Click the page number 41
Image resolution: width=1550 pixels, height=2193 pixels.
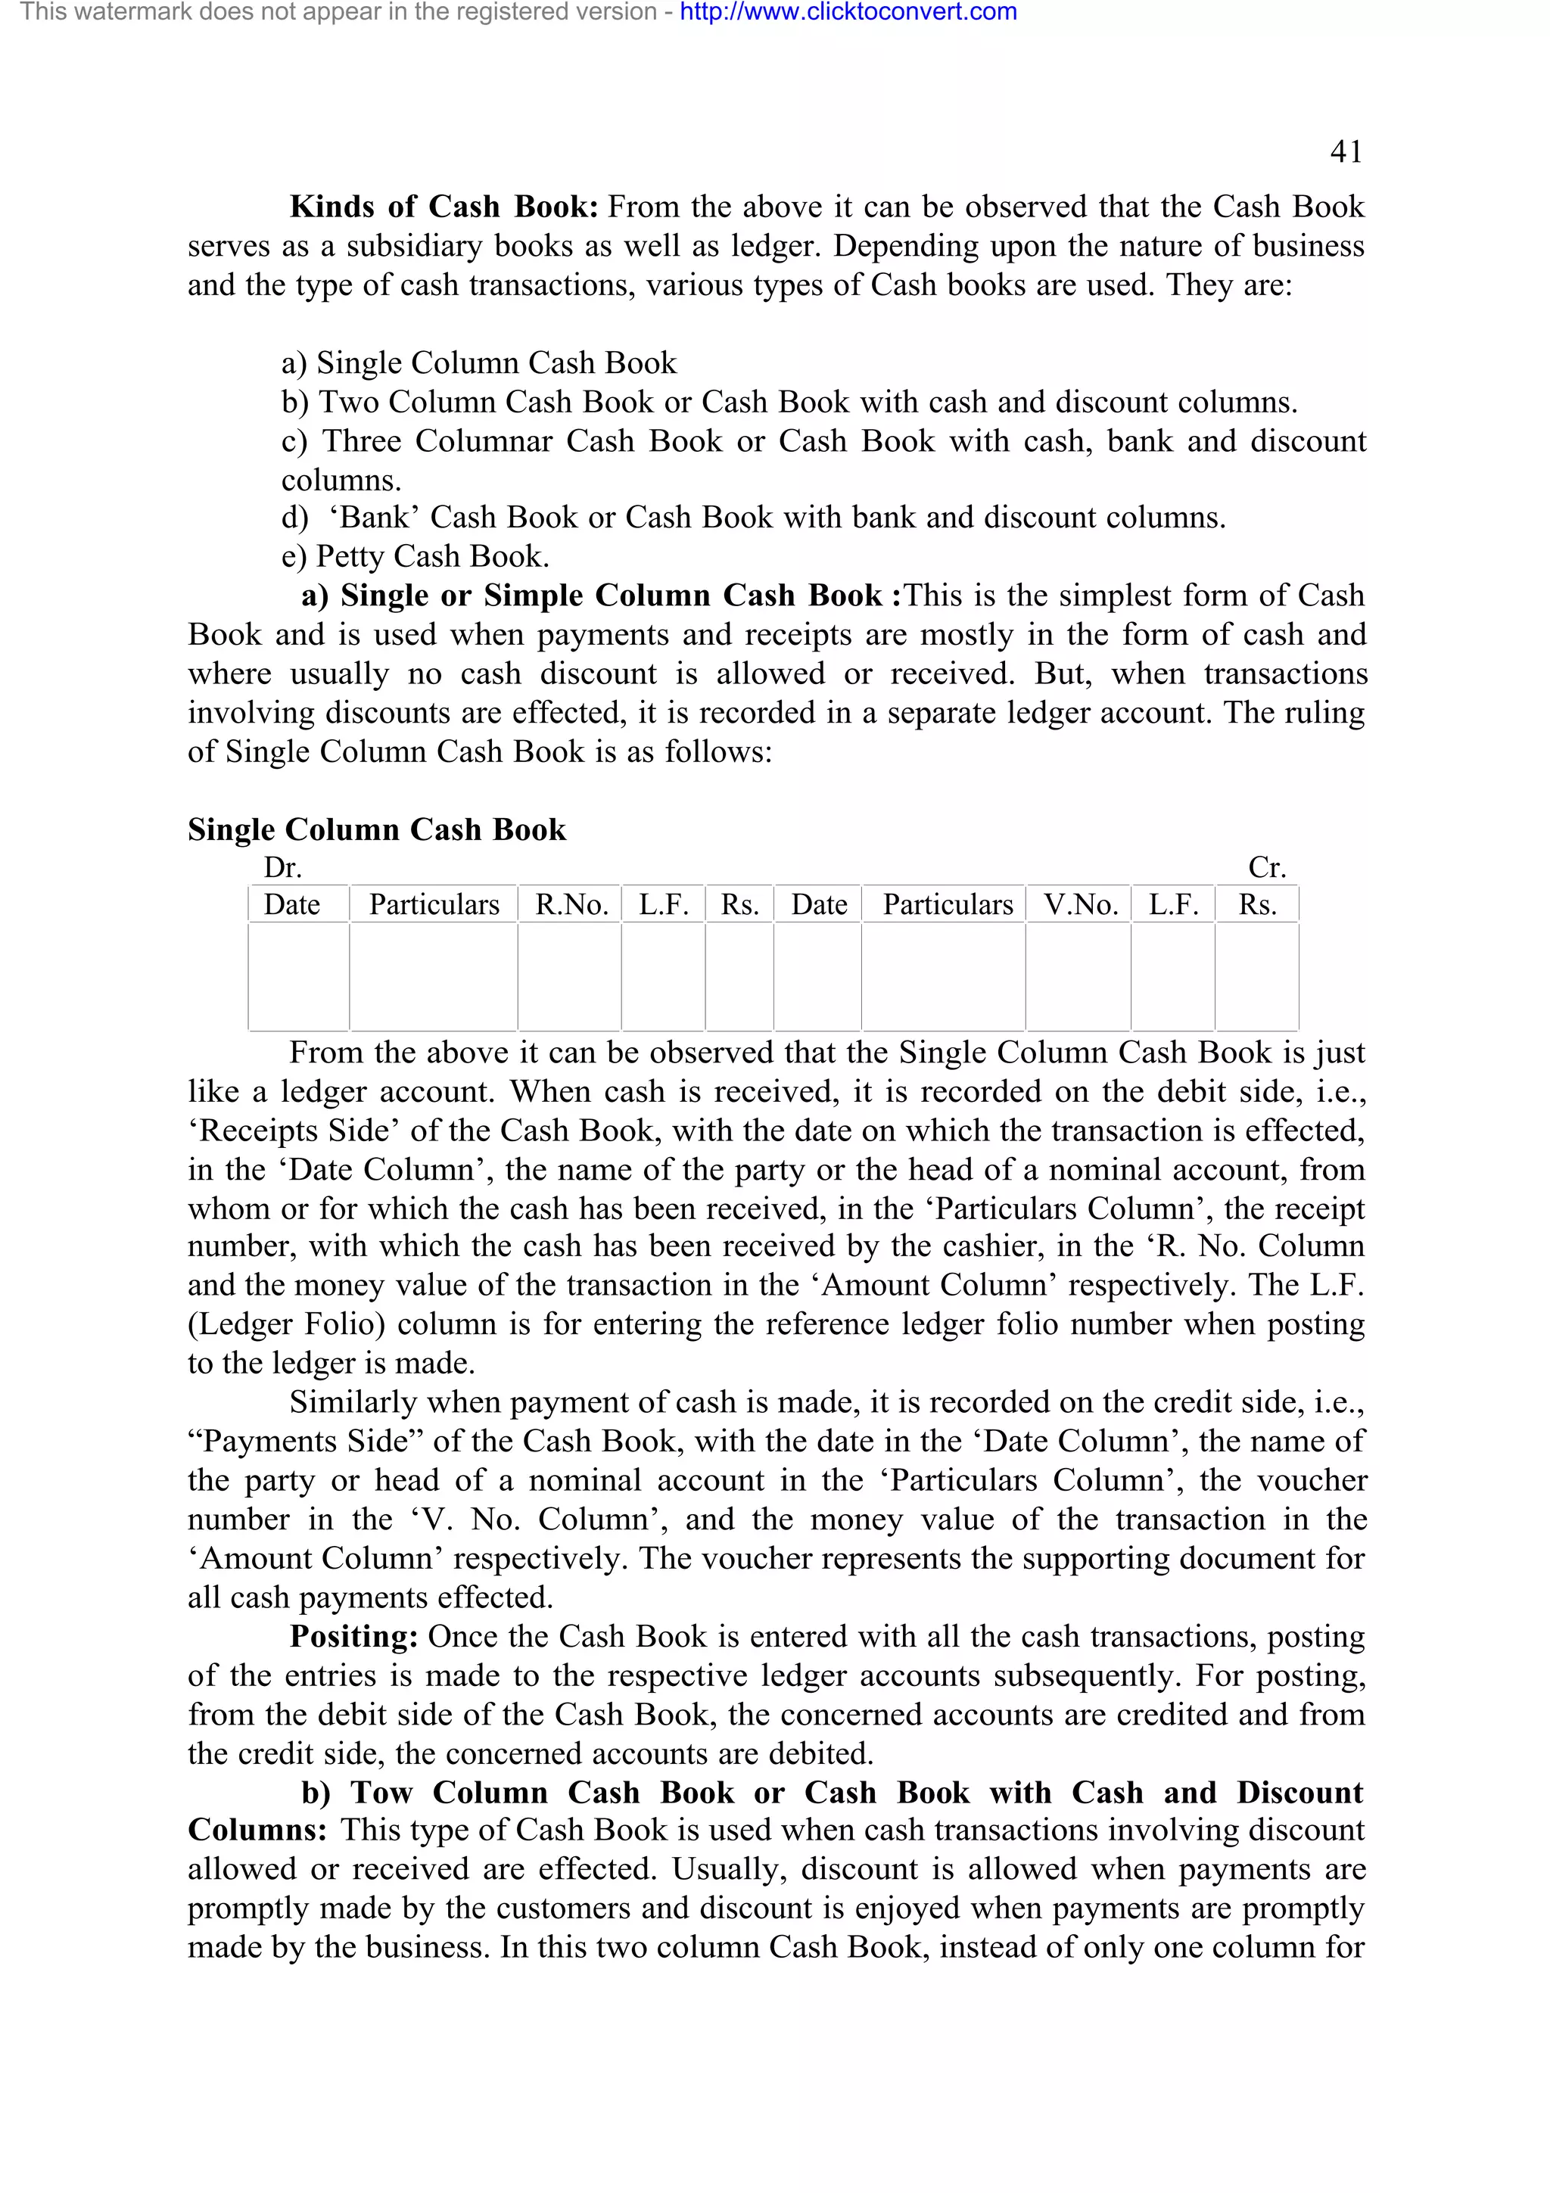(x=1346, y=152)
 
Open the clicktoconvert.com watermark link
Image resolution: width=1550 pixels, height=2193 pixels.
(x=848, y=12)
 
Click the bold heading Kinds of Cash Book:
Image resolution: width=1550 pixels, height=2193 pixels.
(x=444, y=207)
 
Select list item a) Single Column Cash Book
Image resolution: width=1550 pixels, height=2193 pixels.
(x=478, y=363)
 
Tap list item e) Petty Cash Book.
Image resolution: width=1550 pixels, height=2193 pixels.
(x=416, y=557)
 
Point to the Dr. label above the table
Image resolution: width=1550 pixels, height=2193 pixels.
(x=283, y=867)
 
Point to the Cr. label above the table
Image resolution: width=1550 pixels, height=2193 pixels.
(x=1267, y=867)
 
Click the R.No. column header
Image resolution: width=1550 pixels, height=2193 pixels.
(x=571, y=904)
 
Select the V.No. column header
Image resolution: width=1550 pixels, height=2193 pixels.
(x=1080, y=904)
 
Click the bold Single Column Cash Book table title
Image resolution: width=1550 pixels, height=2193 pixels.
(x=376, y=829)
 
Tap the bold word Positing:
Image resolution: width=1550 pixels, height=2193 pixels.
(x=353, y=1636)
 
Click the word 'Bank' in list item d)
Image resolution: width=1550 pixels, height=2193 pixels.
(x=375, y=518)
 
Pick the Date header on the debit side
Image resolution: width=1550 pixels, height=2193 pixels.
(x=292, y=904)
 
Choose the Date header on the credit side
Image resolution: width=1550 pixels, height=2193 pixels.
(x=818, y=904)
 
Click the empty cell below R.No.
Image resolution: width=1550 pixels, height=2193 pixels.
(x=570, y=976)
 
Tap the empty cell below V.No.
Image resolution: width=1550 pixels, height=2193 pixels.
(x=1078, y=976)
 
